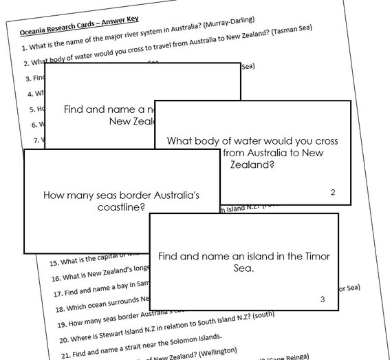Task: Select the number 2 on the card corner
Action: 332,192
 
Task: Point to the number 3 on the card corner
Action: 322,298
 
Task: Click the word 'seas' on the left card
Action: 102,195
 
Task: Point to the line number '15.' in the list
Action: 53,262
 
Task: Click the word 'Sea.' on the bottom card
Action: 244,268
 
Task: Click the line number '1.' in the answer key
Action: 25,47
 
